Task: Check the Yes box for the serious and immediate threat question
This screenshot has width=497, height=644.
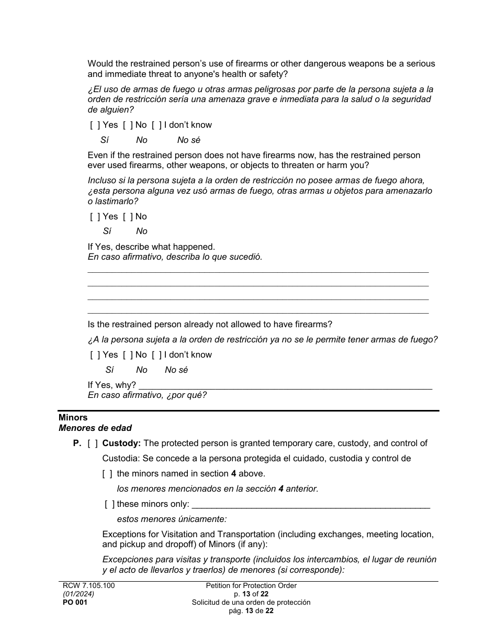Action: tap(95, 125)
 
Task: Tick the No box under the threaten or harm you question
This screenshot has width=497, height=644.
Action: tap(127, 217)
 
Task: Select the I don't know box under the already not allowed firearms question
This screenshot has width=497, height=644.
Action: tap(156, 355)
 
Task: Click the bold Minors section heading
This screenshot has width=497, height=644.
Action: tap(73, 418)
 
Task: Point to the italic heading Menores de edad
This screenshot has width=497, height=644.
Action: tap(95, 428)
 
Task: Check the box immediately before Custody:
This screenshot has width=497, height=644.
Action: tap(93, 443)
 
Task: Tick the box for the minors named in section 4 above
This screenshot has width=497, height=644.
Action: tap(107, 474)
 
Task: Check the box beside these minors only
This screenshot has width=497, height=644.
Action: tap(109, 504)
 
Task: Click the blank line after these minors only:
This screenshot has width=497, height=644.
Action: tap(311, 507)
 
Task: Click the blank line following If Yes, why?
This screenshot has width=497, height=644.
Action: tap(285, 388)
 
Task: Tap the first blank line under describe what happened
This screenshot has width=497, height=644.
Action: tap(257, 271)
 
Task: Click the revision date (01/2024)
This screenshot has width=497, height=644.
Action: tap(76, 594)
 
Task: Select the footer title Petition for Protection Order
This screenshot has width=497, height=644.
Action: tap(251, 586)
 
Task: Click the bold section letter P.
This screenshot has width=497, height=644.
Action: tap(77, 443)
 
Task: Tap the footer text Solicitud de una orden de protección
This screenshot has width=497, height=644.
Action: tap(251, 603)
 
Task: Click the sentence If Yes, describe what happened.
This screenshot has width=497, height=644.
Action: tap(151, 247)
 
